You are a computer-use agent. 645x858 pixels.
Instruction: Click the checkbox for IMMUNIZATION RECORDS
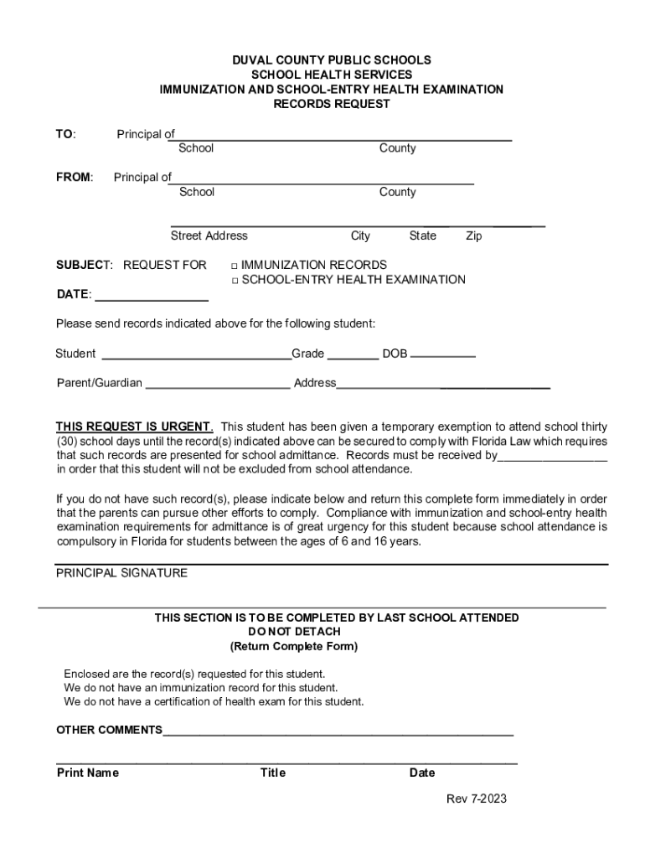point(235,266)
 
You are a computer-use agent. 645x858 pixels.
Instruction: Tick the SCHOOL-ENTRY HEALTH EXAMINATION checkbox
point(235,281)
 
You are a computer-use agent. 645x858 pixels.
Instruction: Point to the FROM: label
point(75,177)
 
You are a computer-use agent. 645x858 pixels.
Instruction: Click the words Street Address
point(209,236)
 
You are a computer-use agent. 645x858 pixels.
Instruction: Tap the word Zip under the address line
point(474,236)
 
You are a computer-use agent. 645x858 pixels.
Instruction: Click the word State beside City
point(422,236)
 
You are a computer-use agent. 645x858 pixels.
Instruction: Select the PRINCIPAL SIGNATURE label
point(121,573)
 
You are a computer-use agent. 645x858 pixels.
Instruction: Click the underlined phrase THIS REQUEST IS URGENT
point(134,426)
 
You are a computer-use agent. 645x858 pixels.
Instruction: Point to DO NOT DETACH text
point(294,631)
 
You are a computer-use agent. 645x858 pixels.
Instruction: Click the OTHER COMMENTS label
point(109,730)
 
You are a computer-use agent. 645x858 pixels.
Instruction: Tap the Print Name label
point(87,773)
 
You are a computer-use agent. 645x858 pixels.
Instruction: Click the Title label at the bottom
point(272,773)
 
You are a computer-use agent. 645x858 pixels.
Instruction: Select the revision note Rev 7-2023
point(476,799)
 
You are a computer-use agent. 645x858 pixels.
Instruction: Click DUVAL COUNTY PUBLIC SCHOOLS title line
point(332,60)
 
